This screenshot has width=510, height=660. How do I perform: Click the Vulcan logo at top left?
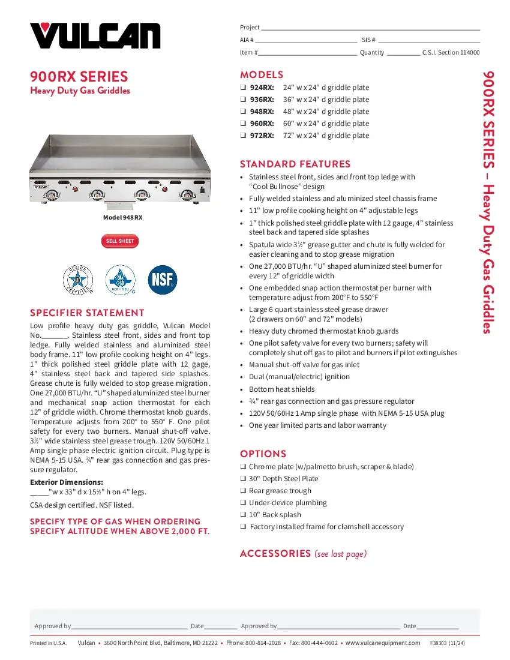(x=95, y=35)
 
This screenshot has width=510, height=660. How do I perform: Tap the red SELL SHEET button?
(x=120, y=241)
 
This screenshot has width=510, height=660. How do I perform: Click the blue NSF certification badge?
(x=162, y=280)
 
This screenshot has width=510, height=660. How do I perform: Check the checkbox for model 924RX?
(x=243, y=88)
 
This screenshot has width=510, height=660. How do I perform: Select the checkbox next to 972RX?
(x=243, y=136)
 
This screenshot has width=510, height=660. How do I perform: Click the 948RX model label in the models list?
(x=262, y=112)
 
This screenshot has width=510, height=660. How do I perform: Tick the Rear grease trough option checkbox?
(x=243, y=491)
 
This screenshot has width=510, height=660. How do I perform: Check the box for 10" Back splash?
(x=243, y=515)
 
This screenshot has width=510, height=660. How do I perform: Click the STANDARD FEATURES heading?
(x=295, y=164)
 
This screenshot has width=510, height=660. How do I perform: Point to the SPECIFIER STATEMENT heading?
(x=87, y=313)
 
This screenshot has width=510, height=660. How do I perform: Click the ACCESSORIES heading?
(x=275, y=553)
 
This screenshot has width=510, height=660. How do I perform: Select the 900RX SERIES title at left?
(x=79, y=77)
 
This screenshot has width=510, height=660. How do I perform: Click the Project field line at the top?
(x=370, y=28)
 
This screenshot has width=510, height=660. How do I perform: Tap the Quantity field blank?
(x=403, y=53)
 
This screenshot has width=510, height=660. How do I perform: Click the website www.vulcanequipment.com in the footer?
(x=383, y=643)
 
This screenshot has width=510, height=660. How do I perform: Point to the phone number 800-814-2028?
(x=263, y=643)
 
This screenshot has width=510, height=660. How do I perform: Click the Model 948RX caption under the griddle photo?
(x=122, y=218)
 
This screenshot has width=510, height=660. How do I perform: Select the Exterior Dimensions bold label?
(x=67, y=482)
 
